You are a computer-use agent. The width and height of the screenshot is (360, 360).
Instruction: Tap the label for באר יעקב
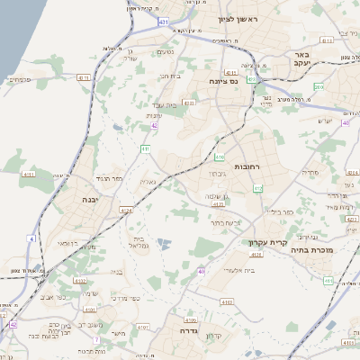tap(301, 60)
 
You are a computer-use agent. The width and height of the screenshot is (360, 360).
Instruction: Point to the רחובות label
tap(246, 167)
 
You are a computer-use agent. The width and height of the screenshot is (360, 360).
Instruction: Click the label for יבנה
tap(91, 199)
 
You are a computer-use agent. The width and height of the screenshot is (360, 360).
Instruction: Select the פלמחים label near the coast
tap(19, 79)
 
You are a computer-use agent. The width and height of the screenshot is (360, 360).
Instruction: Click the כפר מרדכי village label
tap(124, 298)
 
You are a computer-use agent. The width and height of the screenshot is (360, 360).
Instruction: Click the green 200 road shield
tap(319, 86)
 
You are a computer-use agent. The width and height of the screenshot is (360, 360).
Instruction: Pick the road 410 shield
tap(220, 156)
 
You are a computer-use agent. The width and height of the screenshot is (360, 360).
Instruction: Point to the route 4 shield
tap(31, 238)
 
